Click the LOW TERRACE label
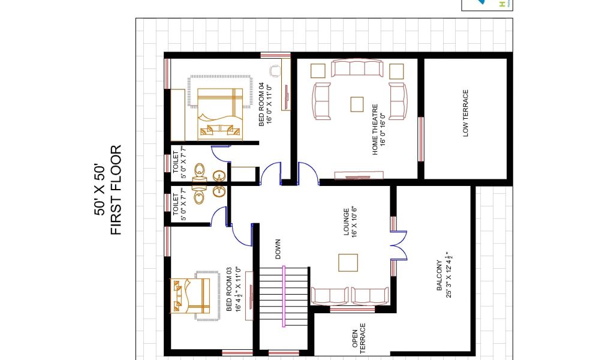(465, 113)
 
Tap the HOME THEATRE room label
(375, 130)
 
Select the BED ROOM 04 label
(261, 104)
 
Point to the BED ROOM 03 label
(229, 289)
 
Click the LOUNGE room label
(346, 222)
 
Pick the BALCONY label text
(439, 275)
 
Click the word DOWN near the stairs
(278, 249)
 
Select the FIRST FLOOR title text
(116, 190)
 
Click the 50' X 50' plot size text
(100, 190)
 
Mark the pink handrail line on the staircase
(284, 296)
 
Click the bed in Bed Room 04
(220, 114)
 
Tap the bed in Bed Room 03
(189, 296)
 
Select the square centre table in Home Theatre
(357, 104)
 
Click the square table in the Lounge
(348, 262)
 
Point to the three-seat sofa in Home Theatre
(357, 68)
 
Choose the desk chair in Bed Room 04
(275, 71)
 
